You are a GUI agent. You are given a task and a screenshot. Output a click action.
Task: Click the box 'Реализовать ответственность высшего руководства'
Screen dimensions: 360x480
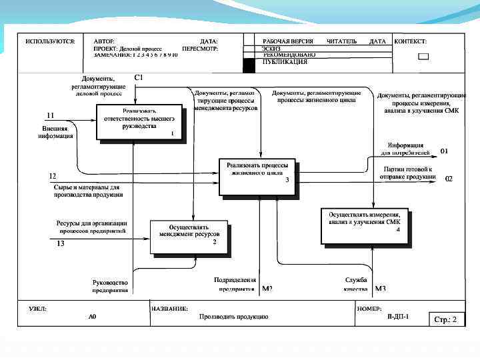click(x=139, y=121)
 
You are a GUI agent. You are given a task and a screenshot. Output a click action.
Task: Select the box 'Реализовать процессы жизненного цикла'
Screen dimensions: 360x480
click(x=257, y=176)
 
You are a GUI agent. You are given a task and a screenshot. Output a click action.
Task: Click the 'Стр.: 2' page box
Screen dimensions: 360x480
click(x=445, y=319)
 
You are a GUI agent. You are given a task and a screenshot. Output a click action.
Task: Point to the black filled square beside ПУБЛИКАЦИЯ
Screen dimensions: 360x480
click(x=249, y=65)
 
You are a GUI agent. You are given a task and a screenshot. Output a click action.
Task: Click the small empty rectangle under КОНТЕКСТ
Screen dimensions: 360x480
click(x=423, y=57)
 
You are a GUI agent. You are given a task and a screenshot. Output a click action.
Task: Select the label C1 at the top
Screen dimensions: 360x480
click(x=139, y=77)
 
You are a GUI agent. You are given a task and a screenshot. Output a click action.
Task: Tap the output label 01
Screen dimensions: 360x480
click(x=445, y=151)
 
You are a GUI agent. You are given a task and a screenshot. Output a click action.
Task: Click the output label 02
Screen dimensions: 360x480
click(x=449, y=179)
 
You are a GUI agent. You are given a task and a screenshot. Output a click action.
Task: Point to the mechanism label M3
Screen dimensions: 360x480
click(x=381, y=289)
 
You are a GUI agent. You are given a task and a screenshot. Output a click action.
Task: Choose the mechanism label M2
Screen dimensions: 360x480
click(x=267, y=289)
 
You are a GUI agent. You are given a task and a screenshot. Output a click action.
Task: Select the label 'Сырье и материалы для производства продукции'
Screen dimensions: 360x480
click(x=88, y=191)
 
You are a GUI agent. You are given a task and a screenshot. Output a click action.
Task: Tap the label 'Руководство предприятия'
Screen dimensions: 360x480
click(x=110, y=286)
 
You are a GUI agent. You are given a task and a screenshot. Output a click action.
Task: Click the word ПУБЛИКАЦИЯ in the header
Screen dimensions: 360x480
click(x=285, y=61)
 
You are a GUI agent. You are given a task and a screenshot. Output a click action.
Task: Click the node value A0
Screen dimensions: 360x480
click(x=93, y=317)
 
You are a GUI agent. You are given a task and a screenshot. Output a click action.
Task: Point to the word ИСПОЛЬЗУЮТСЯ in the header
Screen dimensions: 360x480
click(x=50, y=41)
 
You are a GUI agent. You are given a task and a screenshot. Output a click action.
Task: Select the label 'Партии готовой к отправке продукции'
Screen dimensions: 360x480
click(x=408, y=173)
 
